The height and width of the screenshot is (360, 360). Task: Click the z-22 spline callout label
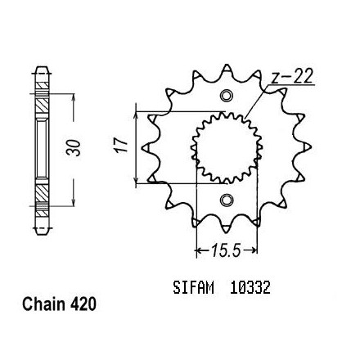pyautogui.click(x=292, y=77)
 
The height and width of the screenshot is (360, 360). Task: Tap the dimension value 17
pyautogui.click(x=121, y=146)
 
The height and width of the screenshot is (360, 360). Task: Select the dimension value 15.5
pyautogui.click(x=226, y=250)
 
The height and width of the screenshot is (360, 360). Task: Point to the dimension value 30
pyautogui.click(x=74, y=147)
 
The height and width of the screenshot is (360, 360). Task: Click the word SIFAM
pyautogui.click(x=193, y=287)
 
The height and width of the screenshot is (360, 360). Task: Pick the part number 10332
pyautogui.click(x=250, y=287)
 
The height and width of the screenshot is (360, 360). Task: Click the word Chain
pyautogui.click(x=43, y=304)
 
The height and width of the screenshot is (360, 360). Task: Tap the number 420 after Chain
pyautogui.click(x=83, y=304)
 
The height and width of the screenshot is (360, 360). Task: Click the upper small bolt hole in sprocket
pyautogui.click(x=227, y=96)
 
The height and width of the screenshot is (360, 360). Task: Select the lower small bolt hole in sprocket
pyautogui.click(x=227, y=200)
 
